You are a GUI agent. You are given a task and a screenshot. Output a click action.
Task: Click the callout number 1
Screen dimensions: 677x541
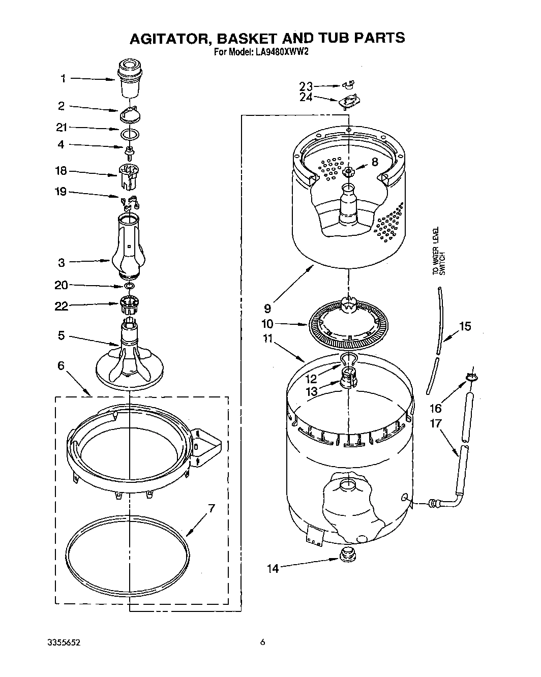coord(63,78)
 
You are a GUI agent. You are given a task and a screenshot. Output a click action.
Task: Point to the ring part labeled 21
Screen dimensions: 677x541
coord(130,135)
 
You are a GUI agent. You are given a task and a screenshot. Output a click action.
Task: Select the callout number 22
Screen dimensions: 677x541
coord(62,305)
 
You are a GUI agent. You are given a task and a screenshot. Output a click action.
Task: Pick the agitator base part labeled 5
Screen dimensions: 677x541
coord(130,356)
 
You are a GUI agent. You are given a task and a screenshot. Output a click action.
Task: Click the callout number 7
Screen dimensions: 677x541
coord(212,508)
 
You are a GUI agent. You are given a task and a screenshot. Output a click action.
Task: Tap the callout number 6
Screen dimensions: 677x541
coord(62,365)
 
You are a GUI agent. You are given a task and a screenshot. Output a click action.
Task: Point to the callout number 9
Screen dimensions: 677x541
coord(268,308)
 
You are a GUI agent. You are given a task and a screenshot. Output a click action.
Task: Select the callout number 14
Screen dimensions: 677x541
coord(273,568)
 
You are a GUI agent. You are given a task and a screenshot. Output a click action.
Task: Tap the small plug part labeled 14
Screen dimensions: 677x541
coord(348,555)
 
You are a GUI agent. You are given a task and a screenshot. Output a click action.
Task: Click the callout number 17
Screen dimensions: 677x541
coord(436,423)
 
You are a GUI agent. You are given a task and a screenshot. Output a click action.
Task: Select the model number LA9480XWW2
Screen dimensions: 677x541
coord(281,51)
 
